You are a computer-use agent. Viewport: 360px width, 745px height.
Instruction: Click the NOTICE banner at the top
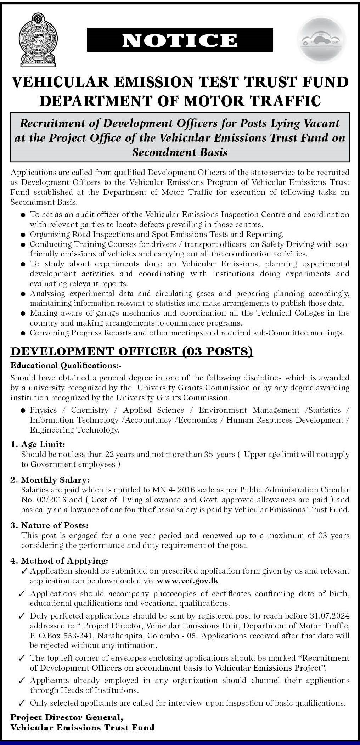pyautogui.click(x=180, y=40)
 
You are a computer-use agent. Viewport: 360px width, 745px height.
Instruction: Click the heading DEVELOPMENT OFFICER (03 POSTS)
pyautogui.click(x=132, y=351)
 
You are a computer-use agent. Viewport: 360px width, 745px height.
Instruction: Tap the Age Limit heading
pyautogui.click(x=43, y=444)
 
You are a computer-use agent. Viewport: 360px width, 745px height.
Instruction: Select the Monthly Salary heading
pyautogui.click(x=55, y=480)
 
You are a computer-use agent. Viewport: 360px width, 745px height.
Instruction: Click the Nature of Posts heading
pyautogui.click(x=55, y=525)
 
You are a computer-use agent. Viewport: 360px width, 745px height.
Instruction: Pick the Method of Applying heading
pyautogui.click(x=64, y=561)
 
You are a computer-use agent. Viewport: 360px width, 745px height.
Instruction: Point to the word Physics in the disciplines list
pyautogui.click(x=43, y=410)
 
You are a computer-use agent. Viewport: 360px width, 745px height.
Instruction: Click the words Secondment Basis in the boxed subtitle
pyautogui.click(x=180, y=152)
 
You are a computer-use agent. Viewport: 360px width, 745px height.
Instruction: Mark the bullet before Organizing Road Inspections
pyautogui.click(x=23, y=235)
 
